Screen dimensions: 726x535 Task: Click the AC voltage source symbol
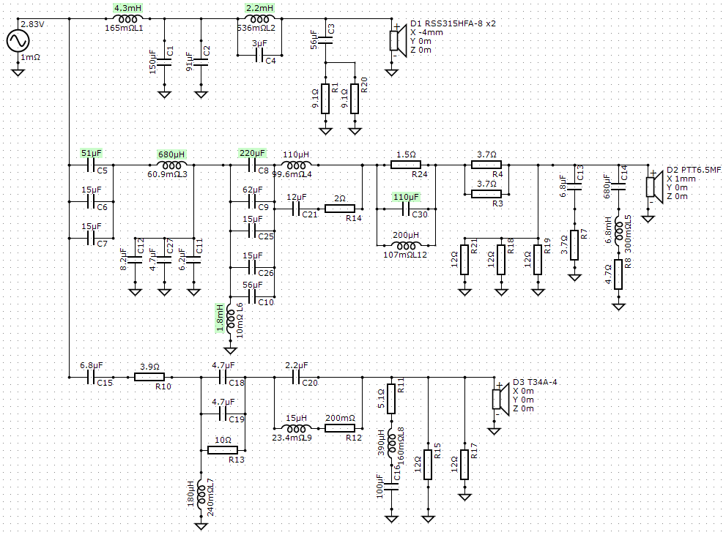[18, 41]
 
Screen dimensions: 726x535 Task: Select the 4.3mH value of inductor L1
[127, 8]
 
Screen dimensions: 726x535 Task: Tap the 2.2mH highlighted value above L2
[259, 8]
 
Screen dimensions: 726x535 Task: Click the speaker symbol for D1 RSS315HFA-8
[396, 41]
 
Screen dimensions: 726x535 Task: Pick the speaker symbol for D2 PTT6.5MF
[652, 187]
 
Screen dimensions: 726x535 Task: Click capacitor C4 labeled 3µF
[260, 56]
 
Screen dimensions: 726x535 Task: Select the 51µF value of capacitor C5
[92, 153]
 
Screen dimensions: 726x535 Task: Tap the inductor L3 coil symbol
[171, 165]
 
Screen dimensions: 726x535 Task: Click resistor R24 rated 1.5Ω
[406, 165]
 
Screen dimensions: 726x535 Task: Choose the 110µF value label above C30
[406, 197]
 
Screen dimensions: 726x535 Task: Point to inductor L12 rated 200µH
[406, 245]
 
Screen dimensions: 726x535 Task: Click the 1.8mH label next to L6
[221, 318]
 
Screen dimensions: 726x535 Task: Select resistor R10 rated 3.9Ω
[149, 377]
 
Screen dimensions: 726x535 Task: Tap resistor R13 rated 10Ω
[223, 450]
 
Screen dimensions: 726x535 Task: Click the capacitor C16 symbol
[392, 487]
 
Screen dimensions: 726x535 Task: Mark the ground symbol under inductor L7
[201, 525]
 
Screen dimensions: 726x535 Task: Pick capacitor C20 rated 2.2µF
[296, 378]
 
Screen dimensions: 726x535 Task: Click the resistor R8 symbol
[618, 274]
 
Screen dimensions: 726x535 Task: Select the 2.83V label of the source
[32, 24]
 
